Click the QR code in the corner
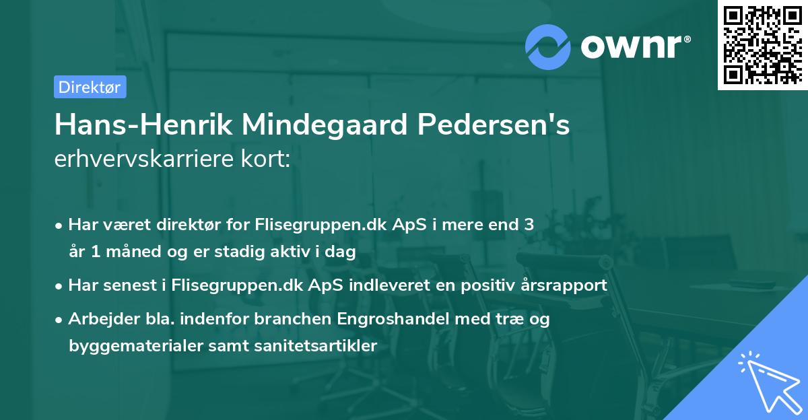coord(762,44)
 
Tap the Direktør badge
coord(90,87)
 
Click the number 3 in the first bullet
coord(529,225)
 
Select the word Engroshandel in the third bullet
coord(375,319)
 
